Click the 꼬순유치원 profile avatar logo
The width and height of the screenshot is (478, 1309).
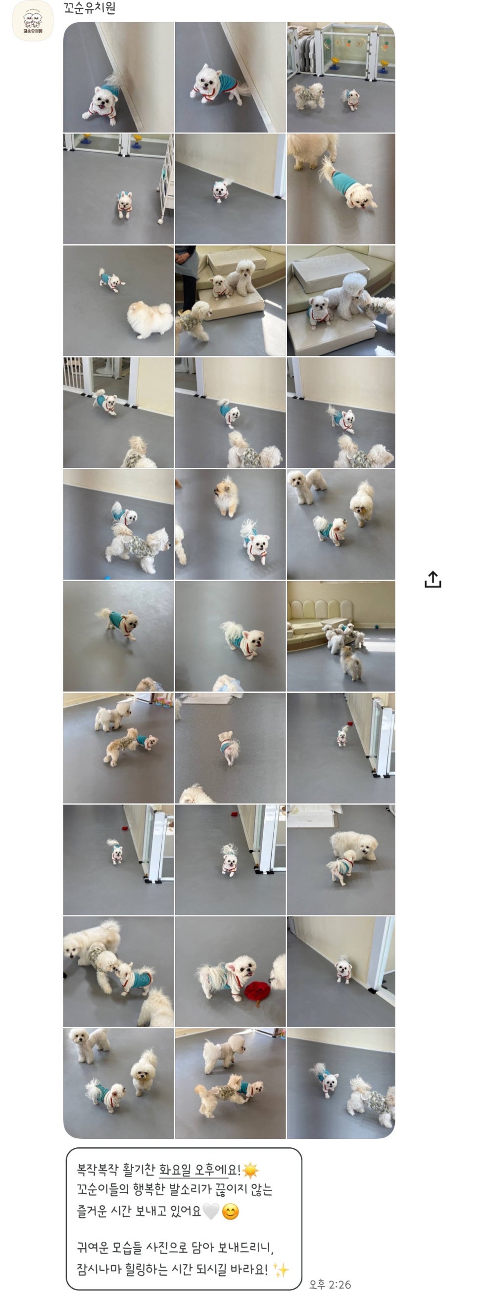pos(32,21)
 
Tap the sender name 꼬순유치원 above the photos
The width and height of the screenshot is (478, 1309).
pos(90,8)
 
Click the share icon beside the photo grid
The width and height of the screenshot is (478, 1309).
pos(433,579)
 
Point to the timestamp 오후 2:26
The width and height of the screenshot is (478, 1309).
pos(330,1285)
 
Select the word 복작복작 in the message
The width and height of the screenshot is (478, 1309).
pos(98,1170)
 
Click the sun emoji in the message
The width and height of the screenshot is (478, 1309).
pos(250,1170)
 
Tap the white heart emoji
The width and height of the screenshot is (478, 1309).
pos(211,1212)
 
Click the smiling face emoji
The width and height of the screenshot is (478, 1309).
pos(231,1212)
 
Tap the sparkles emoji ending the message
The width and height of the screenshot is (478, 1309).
pos(281,1269)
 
